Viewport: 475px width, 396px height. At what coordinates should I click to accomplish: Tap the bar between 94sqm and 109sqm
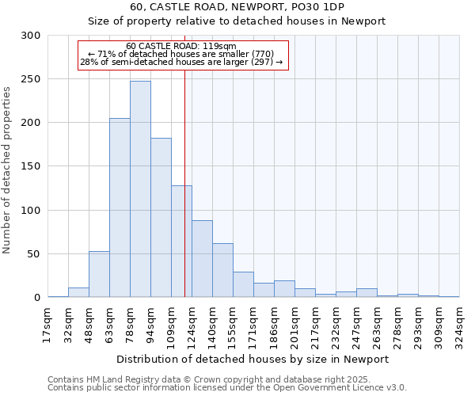(x=161, y=217)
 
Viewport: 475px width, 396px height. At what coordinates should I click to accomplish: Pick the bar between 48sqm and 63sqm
(x=99, y=274)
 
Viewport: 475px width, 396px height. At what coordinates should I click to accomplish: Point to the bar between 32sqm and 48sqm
(x=78, y=292)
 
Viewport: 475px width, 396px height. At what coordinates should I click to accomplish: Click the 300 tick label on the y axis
(x=31, y=36)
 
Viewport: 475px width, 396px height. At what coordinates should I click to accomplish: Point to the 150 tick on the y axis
(x=31, y=166)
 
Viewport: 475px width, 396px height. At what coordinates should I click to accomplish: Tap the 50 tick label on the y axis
(x=34, y=254)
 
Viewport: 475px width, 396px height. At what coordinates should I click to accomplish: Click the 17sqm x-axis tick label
(x=48, y=324)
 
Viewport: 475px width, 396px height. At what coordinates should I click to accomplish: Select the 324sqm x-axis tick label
(x=459, y=324)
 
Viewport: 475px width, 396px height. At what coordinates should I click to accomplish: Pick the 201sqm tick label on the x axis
(x=294, y=324)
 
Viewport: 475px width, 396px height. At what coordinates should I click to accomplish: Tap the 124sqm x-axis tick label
(x=192, y=324)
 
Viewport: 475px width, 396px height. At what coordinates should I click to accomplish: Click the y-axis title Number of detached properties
(x=8, y=169)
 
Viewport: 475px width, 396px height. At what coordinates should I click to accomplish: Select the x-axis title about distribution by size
(x=253, y=359)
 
